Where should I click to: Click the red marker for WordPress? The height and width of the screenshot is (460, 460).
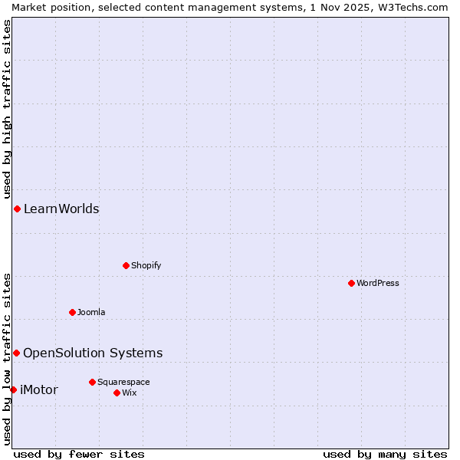point(351,283)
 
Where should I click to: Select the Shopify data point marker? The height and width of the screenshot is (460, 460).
point(126,265)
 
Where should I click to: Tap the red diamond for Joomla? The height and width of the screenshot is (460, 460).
point(72,312)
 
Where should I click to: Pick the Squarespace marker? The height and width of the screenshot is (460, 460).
point(92,382)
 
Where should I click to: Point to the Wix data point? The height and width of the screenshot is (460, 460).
point(117,393)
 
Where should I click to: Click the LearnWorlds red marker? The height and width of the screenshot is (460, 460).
point(17,209)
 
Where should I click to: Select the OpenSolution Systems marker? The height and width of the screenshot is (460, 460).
point(16,353)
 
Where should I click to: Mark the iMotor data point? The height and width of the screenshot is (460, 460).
point(13,389)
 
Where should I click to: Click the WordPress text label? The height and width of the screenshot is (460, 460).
point(378,283)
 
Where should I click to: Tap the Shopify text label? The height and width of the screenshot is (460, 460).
point(146,265)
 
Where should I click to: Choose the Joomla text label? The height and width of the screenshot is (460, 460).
point(91,312)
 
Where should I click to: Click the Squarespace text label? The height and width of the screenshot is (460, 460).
point(123,382)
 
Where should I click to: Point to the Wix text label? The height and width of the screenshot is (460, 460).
point(129,393)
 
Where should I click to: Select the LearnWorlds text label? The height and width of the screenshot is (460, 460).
point(61,209)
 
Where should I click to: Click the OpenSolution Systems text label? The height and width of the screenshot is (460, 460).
point(93,353)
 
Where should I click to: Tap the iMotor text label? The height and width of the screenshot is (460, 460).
point(39,389)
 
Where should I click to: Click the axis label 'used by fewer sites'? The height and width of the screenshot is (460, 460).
point(79,454)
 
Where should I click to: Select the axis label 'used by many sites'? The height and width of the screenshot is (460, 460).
point(385,454)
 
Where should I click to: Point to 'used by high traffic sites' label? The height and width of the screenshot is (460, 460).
point(7,107)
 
